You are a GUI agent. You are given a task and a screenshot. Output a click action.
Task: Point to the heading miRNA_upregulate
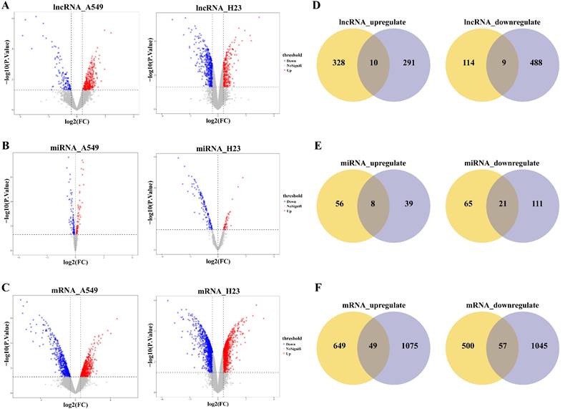[373, 163]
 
